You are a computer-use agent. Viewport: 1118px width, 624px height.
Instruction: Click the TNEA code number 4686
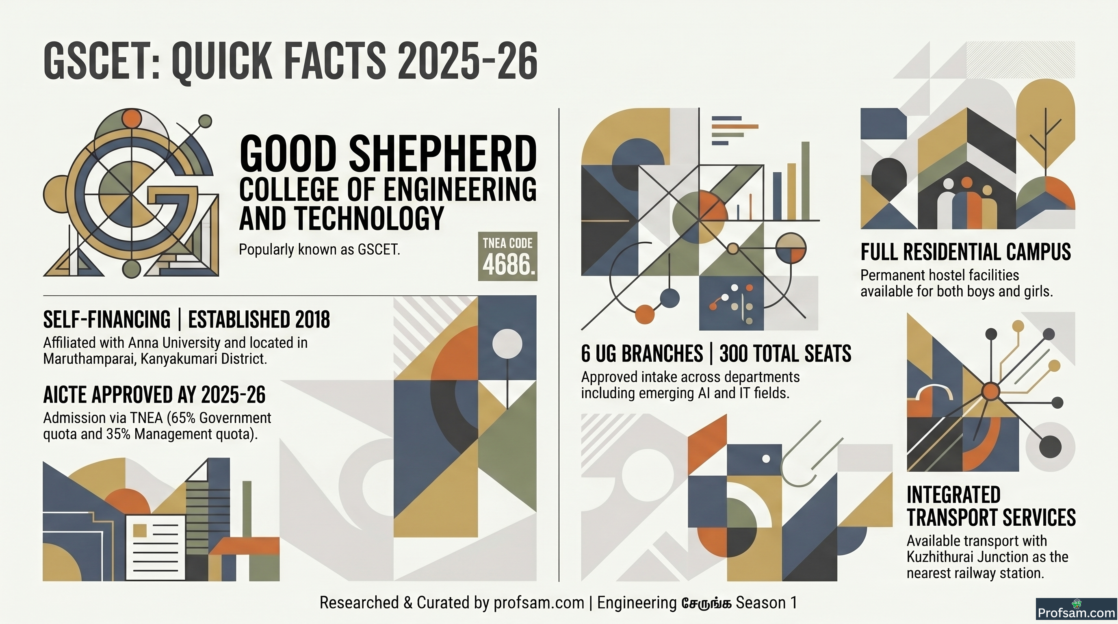[507, 264]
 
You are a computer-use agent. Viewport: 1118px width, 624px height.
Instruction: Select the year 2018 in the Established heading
[312, 320]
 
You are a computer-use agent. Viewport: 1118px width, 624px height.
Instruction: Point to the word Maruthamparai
[89, 359]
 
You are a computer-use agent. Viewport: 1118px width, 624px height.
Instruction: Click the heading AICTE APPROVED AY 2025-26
[154, 394]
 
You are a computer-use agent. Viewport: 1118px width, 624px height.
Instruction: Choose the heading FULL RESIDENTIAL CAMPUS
[966, 252]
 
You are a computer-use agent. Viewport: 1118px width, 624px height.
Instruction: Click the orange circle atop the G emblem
[132, 119]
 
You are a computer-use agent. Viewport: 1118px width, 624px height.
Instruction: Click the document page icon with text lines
[155, 548]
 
